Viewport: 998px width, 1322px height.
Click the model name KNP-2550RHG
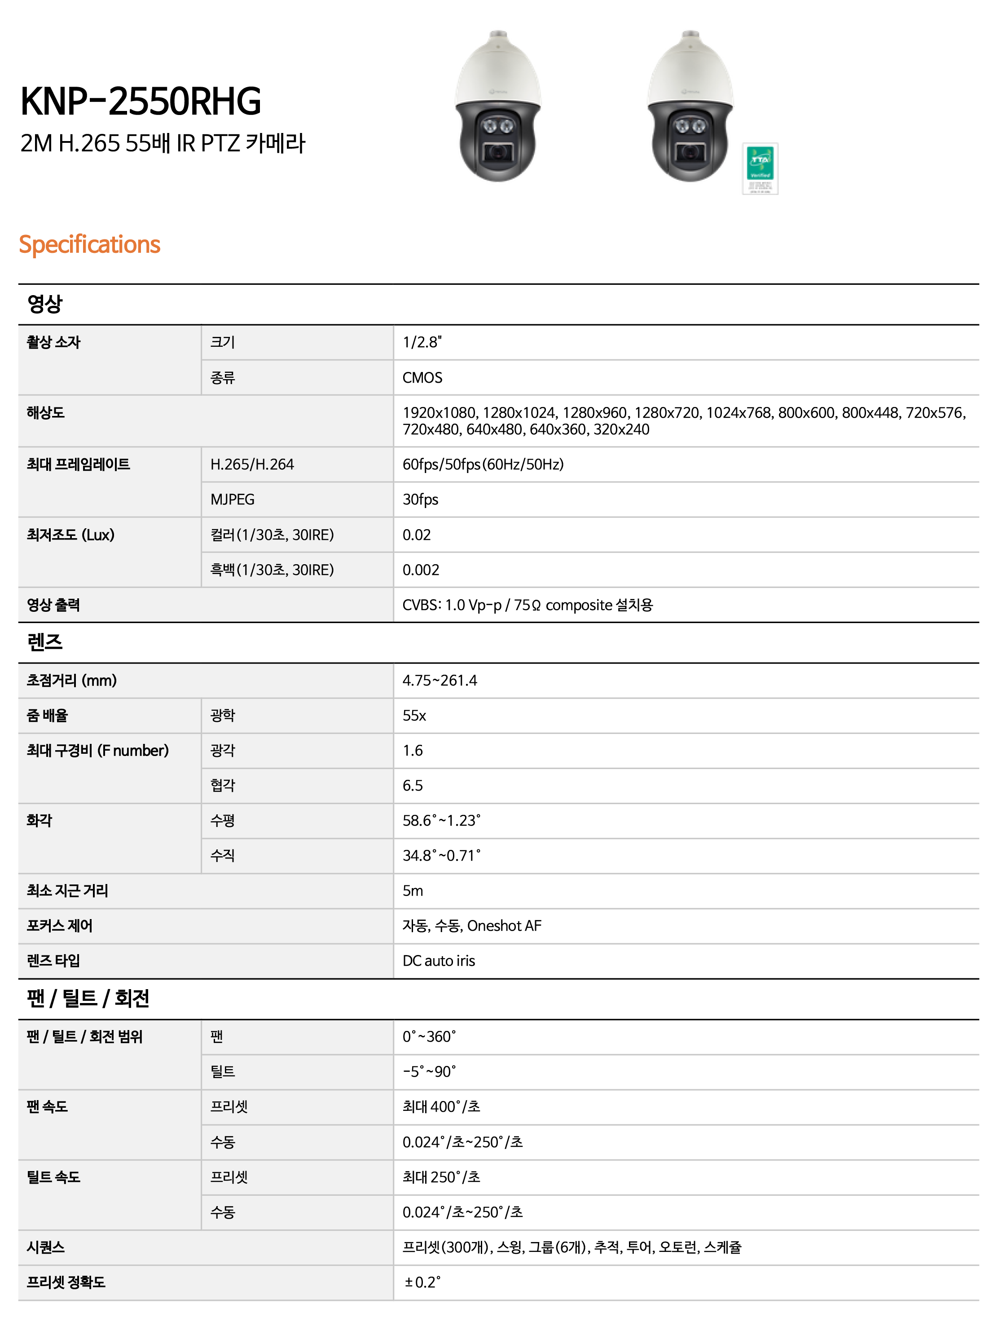(x=141, y=101)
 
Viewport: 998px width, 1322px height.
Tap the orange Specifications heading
(x=90, y=244)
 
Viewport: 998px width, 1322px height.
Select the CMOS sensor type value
(x=422, y=378)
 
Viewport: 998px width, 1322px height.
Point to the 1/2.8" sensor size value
(x=422, y=342)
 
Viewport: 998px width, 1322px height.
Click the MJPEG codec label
(x=233, y=500)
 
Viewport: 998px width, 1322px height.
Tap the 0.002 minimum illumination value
(x=421, y=570)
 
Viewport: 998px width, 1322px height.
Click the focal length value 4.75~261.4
(x=440, y=681)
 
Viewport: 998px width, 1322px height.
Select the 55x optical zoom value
(x=414, y=716)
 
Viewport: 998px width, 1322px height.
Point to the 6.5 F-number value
(x=412, y=786)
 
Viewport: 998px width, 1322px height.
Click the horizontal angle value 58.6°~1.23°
(x=441, y=821)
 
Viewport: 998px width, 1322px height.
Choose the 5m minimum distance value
(x=412, y=891)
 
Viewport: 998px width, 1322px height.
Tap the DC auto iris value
(x=438, y=961)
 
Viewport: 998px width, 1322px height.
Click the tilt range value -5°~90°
(x=429, y=1072)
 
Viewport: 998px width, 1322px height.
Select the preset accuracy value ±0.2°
(x=422, y=1282)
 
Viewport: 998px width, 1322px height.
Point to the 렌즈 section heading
(x=45, y=642)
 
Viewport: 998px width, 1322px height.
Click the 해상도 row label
(x=45, y=413)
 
